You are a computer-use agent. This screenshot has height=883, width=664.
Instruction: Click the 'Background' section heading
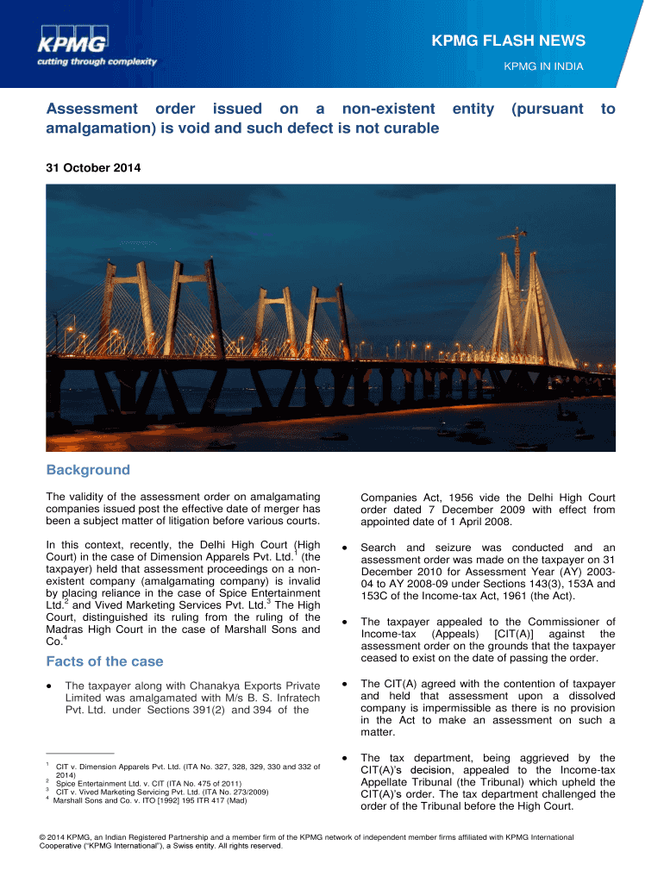[x=88, y=470]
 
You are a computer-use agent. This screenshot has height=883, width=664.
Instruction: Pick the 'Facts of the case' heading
[x=104, y=661]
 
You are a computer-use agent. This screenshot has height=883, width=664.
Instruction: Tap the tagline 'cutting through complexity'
[x=97, y=61]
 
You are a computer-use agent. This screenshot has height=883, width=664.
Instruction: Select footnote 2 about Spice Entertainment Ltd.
[x=142, y=783]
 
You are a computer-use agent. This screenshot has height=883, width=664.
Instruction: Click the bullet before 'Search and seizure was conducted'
[x=346, y=548]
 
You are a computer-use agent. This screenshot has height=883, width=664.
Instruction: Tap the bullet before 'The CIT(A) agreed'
[x=346, y=685]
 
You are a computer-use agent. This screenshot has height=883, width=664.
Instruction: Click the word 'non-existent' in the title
[x=387, y=109]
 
